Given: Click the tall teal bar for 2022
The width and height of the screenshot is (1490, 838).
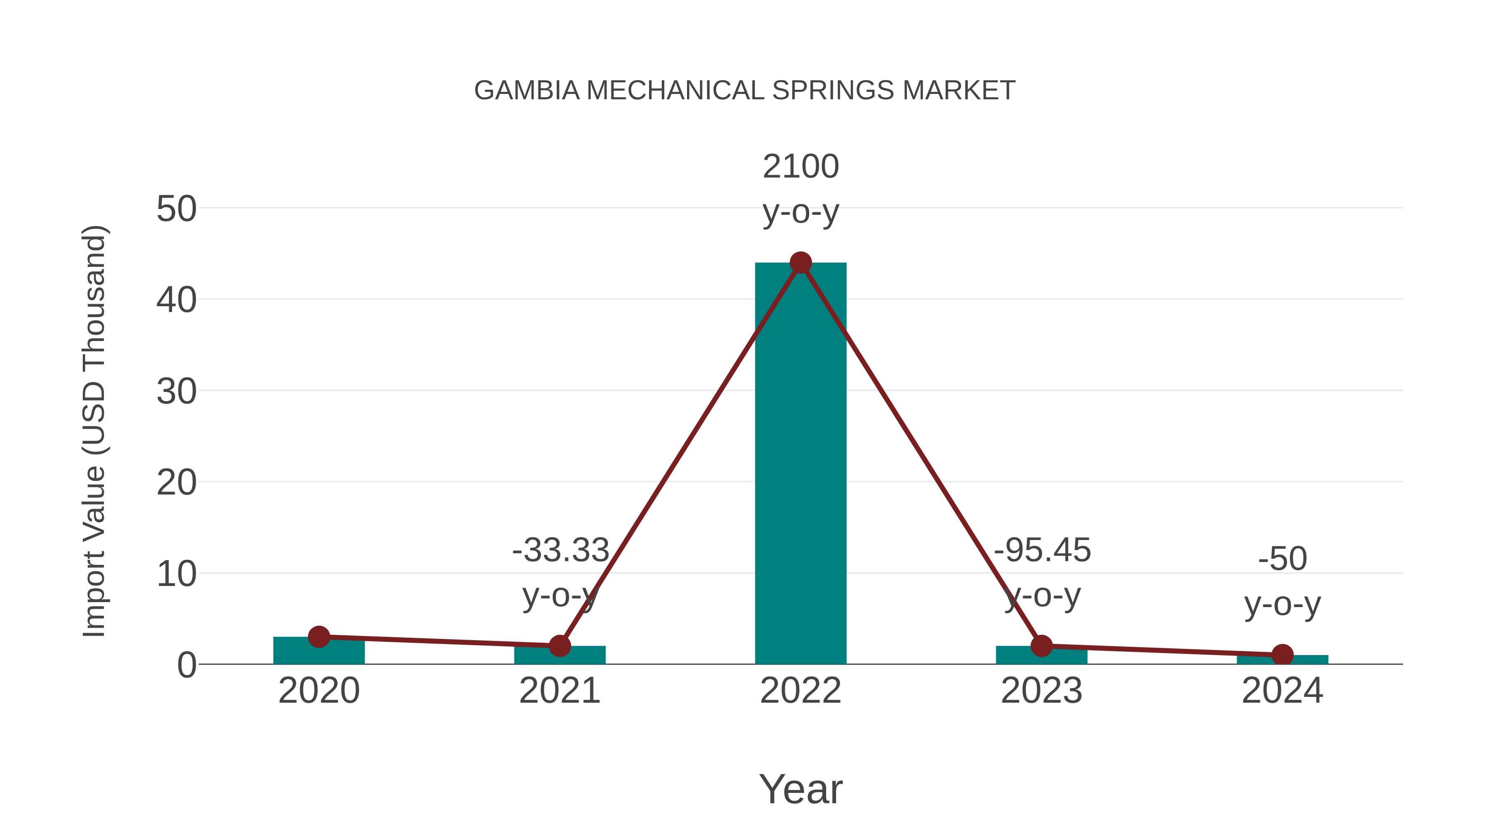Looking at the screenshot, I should pyautogui.click(x=800, y=463).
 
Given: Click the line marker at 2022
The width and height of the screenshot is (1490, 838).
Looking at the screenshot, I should pyautogui.click(x=800, y=262).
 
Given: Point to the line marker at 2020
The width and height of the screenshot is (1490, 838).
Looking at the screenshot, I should pyautogui.click(x=319, y=637).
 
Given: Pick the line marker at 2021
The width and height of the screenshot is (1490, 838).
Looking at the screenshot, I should pyautogui.click(x=559, y=646).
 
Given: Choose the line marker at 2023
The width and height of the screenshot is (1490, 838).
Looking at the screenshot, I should pyautogui.click(x=1041, y=646).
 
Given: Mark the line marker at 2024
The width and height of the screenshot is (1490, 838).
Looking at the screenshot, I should pyautogui.click(x=1282, y=655).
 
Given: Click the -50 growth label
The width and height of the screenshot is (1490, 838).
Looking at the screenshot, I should pyautogui.click(x=1282, y=559).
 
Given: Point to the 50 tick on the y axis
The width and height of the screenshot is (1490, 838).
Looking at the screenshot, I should pyautogui.click(x=176, y=209).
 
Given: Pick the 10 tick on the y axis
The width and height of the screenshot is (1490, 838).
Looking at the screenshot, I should pyautogui.click(x=176, y=574).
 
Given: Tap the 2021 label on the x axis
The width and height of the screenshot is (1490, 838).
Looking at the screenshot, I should pyautogui.click(x=559, y=691).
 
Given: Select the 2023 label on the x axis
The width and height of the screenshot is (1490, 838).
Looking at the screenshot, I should pyautogui.click(x=1041, y=691).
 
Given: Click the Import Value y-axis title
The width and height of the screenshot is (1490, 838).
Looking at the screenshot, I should pyautogui.click(x=94, y=431).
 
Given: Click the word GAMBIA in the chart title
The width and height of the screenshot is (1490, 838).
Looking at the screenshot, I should pyautogui.click(x=526, y=91).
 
